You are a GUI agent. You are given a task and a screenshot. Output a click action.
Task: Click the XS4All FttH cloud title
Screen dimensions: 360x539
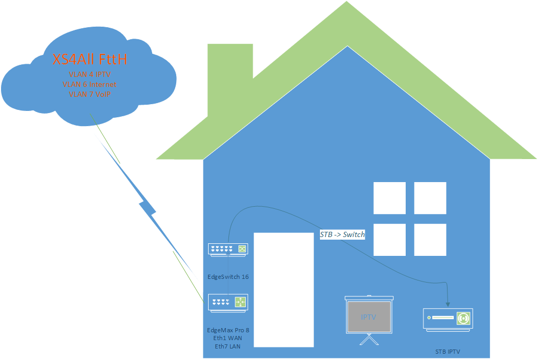pos(90,60)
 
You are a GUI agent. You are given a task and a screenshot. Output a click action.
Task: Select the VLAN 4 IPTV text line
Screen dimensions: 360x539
pos(90,75)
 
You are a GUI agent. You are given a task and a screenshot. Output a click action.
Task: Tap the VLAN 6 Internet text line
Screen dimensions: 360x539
pos(89,84)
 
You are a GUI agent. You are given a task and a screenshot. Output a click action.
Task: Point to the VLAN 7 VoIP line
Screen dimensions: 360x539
pos(90,94)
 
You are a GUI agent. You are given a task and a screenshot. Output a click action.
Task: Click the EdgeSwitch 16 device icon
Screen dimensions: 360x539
pos(228,250)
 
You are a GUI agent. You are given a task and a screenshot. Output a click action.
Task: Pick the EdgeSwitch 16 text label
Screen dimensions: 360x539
pos(228,276)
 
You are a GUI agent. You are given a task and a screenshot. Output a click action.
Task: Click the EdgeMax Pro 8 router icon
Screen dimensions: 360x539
pos(228,302)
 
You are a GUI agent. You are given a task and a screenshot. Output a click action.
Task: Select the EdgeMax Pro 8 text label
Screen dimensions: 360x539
pos(228,330)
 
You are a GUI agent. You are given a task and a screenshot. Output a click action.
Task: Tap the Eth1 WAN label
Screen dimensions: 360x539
pos(228,338)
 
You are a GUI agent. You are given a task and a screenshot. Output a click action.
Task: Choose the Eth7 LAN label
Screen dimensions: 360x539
pos(228,346)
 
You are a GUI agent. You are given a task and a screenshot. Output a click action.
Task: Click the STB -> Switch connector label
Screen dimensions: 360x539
pos(342,235)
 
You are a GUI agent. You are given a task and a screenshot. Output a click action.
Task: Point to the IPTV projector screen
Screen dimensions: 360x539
pos(369,317)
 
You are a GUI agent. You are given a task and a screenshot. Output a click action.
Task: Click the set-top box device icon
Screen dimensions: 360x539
pos(448,319)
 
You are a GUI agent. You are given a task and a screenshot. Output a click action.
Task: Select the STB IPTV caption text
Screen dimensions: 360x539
pos(448,351)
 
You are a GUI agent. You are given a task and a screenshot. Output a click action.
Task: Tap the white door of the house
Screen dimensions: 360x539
pos(283,289)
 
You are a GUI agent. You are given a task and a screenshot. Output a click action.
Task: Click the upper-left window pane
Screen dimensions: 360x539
pos(389,198)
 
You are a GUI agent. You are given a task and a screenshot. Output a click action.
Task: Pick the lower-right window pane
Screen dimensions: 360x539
pos(430,240)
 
